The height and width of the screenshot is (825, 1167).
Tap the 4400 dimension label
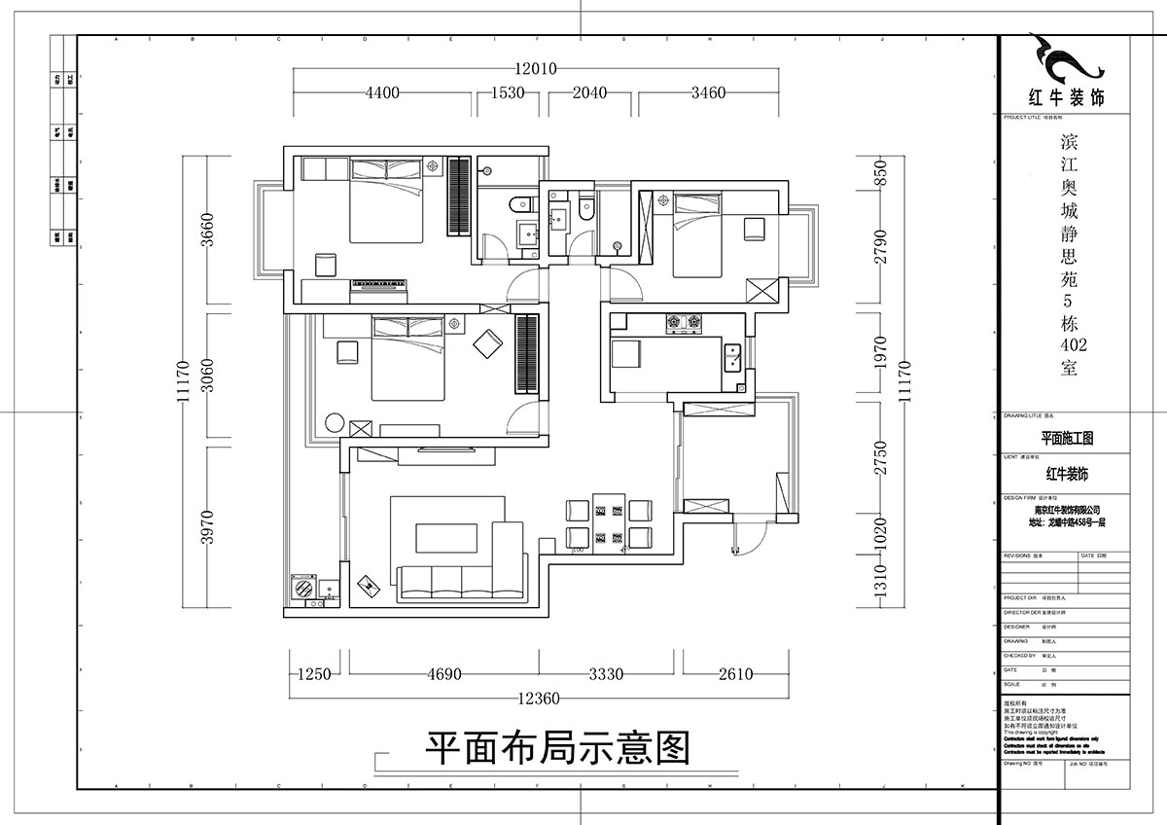pos(382,93)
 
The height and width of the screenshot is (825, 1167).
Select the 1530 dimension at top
pos(508,93)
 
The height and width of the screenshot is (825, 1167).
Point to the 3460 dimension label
pos(707,93)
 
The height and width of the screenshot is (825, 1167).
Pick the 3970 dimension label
pos(206,526)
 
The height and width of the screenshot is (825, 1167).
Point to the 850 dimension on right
pos(880,172)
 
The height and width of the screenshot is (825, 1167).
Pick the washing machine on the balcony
pos(303,589)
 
